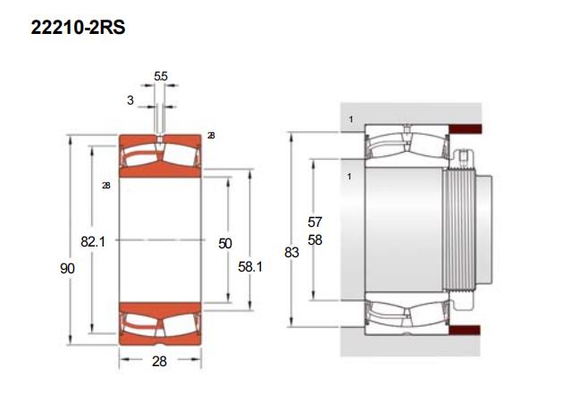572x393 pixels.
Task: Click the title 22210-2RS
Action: (x=78, y=28)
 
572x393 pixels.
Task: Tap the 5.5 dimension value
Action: (x=161, y=76)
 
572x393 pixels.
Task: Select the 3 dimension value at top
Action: (x=130, y=100)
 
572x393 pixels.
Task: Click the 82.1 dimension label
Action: (x=93, y=241)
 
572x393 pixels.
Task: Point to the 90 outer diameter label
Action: (x=68, y=268)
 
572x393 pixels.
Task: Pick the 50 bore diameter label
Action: (x=225, y=243)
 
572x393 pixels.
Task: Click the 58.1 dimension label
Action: (x=250, y=267)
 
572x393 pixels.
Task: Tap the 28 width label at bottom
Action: (x=159, y=361)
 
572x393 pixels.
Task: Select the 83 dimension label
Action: (x=292, y=252)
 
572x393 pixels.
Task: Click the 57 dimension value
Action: (x=315, y=222)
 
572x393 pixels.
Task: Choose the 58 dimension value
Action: (x=315, y=240)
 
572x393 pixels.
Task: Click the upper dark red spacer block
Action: (x=465, y=129)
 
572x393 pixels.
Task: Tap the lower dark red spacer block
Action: (x=465, y=330)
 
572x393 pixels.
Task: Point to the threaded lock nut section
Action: (x=458, y=230)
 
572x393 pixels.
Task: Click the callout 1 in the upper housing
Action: (x=351, y=119)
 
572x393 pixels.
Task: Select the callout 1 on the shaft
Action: (x=349, y=177)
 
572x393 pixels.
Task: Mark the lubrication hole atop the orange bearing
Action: (x=159, y=139)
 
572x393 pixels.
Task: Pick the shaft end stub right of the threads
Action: (x=484, y=230)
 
